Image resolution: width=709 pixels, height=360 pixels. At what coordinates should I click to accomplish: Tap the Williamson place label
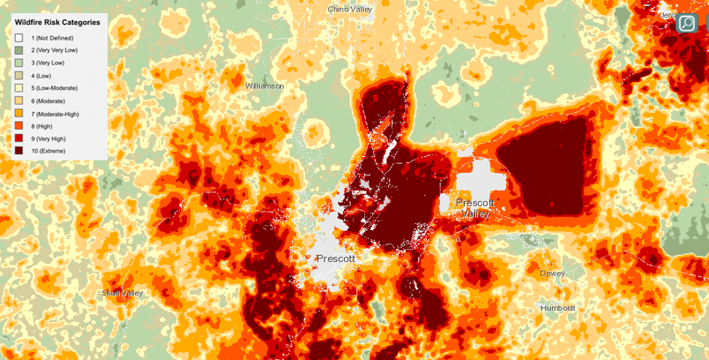(265, 86)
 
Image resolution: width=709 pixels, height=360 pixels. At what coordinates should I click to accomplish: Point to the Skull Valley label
(122, 293)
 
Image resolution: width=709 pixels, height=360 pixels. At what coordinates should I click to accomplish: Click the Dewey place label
(553, 274)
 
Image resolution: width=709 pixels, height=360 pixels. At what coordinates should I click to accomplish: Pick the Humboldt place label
(561, 308)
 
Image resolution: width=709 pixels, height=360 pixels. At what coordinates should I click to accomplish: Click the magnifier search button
(687, 23)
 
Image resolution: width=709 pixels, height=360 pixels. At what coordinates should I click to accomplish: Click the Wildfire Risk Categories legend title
(57, 22)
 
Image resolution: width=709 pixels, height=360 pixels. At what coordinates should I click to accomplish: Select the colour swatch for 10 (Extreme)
(20, 150)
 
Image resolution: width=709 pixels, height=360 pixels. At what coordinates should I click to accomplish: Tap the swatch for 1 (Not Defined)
(20, 37)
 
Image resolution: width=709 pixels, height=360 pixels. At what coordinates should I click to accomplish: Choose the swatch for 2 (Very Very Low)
(20, 50)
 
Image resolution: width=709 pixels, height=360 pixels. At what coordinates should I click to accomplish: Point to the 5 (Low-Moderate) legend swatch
(20, 88)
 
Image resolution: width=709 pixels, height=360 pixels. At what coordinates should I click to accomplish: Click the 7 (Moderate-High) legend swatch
(20, 113)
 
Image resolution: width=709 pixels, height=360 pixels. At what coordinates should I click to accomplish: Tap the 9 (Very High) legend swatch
(20, 138)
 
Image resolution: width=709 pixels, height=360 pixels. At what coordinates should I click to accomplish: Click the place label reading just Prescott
(335, 258)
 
